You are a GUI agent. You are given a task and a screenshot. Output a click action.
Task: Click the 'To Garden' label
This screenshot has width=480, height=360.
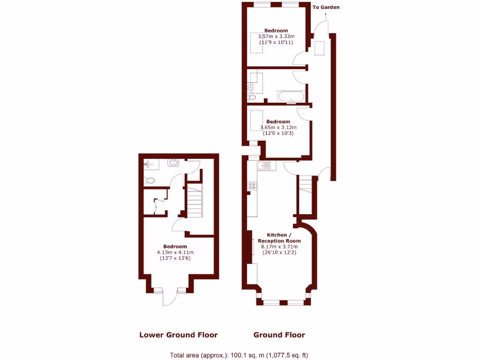tap(326, 7)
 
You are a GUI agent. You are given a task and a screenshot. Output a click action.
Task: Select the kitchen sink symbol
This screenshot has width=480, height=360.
tap(264, 165)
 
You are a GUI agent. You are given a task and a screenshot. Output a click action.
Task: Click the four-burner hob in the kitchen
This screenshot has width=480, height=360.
tap(252, 186)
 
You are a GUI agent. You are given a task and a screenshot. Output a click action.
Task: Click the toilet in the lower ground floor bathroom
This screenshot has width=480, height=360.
tap(150, 180)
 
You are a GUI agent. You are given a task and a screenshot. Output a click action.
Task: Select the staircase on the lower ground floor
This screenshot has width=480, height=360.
tap(195, 200)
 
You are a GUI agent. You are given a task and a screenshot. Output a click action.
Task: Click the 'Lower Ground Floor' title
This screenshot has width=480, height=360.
tap(178, 335)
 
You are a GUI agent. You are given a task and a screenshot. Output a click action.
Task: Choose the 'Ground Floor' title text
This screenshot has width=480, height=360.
tap(279, 335)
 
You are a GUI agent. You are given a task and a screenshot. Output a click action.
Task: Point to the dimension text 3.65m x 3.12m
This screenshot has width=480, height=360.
tap(278, 127)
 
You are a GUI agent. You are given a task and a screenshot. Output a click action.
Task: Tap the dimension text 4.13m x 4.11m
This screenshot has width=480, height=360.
tap(175, 252)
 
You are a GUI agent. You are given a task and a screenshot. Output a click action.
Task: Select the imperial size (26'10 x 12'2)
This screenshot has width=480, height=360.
tap(279, 253)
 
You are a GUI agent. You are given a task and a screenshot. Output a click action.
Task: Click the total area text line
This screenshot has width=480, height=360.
tap(239, 355)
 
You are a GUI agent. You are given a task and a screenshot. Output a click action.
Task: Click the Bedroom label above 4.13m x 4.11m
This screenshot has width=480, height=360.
tap(175, 247)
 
